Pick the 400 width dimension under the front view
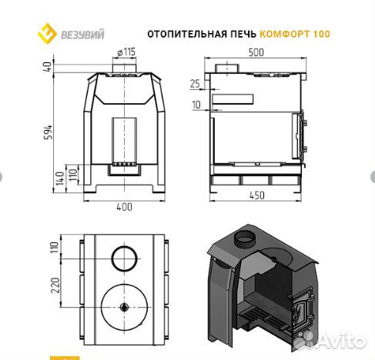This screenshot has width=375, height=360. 124,206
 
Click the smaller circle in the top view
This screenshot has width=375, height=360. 122,258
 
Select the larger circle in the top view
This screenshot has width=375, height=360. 123,306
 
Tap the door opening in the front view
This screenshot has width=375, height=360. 123,140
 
